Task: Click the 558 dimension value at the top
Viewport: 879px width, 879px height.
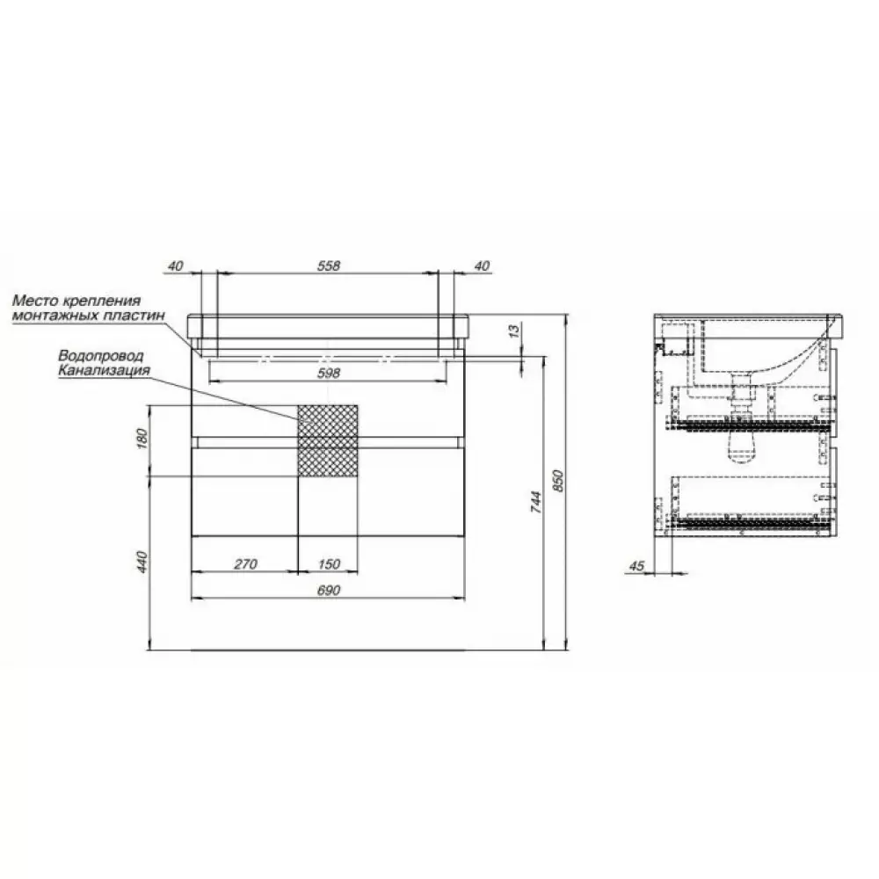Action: [329, 265]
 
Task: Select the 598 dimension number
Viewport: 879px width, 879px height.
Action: [329, 372]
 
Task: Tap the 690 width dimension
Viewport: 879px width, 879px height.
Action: [329, 590]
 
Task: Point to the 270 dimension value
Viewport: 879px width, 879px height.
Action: [245, 563]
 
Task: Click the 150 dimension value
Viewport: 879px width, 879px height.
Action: [329, 563]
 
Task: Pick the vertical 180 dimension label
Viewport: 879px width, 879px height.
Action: [142, 439]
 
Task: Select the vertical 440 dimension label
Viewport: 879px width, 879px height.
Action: [142, 561]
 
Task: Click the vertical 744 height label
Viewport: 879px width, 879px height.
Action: [536, 502]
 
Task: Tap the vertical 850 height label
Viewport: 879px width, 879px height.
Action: [558, 481]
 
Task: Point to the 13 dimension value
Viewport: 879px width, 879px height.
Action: [515, 331]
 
